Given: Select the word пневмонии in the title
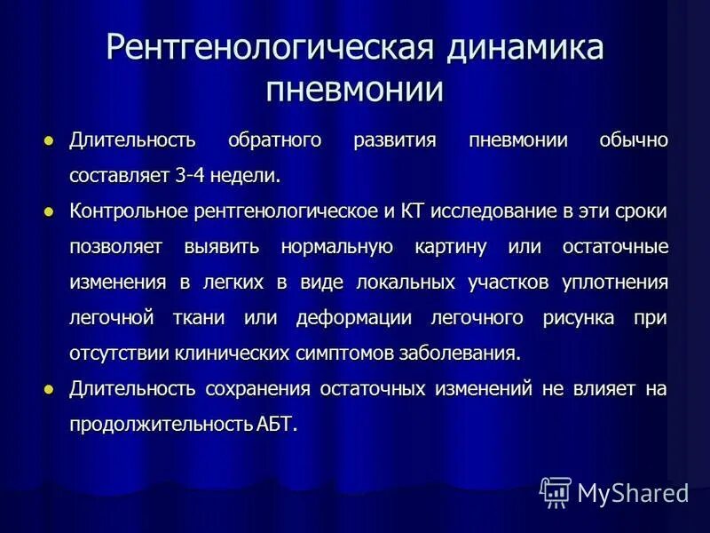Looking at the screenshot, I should pyautogui.click(x=355, y=90).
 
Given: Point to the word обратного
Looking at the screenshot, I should pyautogui.click(x=275, y=140).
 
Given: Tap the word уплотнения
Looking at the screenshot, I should pyautogui.click(x=614, y=282).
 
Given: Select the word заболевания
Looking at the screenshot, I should pyautogui.click(x=468, y=354).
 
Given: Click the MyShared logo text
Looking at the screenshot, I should pyautogui.click(x=632, y=492).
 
